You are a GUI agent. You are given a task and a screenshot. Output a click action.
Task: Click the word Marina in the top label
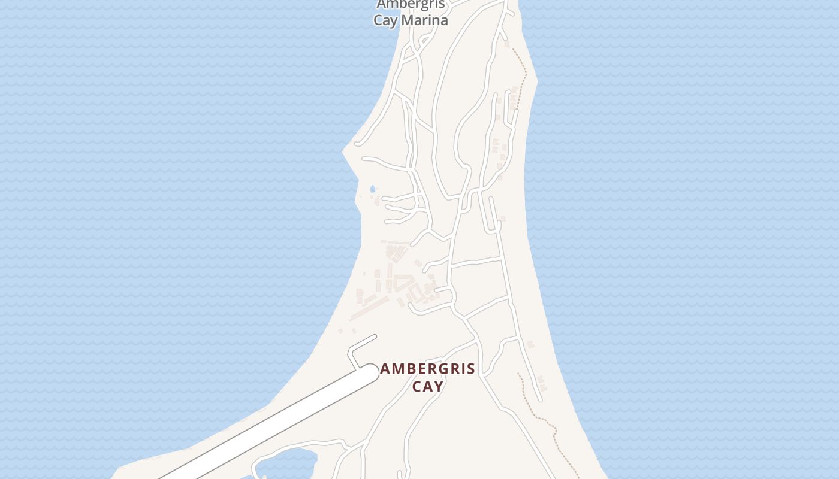(x=425, y=20)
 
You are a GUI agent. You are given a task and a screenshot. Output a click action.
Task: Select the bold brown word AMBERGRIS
(x=428, y=369)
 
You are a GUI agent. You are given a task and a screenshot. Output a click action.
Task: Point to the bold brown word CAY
(x=428, y=386)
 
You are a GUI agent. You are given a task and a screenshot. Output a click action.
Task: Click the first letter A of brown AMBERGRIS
(x=385, y=369)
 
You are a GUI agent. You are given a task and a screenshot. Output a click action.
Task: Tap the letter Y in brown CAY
(x=439, y=386)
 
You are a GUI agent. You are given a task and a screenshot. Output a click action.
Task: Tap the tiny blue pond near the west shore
(x=373, y=189)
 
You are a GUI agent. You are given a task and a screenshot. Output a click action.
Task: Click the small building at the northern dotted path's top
(x=507, y=44)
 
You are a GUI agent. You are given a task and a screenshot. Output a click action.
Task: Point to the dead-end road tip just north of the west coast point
(x=357, y=144)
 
